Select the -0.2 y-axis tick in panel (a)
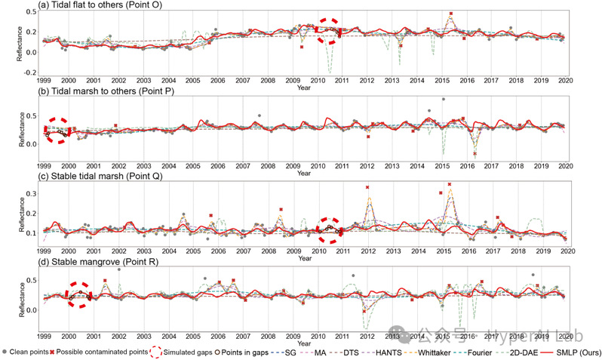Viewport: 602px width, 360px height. click(x=29, y=72)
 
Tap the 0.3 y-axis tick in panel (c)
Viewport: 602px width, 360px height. click(x=31, y=194)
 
